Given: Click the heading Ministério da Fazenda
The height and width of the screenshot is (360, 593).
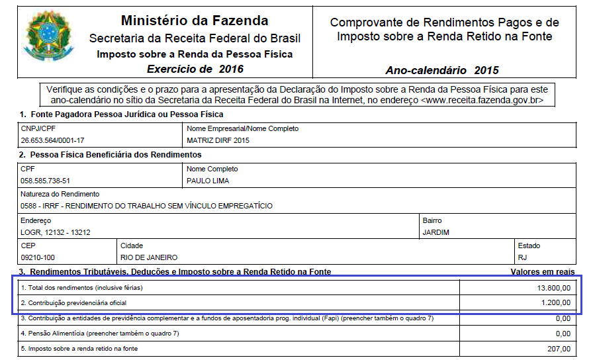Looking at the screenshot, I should (x=195, y=21).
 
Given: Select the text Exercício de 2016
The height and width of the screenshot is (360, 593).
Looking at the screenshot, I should (x=195, y=69).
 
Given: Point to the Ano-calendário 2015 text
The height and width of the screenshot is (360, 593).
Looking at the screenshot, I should (x=441, y=70).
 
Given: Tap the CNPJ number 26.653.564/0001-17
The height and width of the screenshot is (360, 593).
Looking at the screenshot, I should (x=52, y=140).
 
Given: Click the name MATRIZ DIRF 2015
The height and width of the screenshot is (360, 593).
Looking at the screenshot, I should (x=218, y=140).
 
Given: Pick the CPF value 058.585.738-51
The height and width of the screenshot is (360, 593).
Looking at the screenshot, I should (x=45, y=180).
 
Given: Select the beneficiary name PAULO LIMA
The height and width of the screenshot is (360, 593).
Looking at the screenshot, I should (x=208, y=180).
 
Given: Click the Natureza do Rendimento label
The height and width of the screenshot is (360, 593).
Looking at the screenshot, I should (x=60, y=194).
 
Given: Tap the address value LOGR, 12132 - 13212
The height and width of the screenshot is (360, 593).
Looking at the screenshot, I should (x=56, y=232).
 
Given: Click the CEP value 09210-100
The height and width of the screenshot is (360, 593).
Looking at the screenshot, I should (x=38, y=257).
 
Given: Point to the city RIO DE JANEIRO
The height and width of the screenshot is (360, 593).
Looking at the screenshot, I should (x=149, y=257).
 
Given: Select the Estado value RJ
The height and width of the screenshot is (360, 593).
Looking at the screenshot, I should (x=523, y=257).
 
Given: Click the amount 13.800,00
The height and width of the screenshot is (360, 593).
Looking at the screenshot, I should (x=554, y=288).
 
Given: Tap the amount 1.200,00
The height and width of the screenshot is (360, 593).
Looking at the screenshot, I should (x=556, y=303).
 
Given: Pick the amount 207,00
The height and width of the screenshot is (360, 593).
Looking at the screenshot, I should (x=559, y=349).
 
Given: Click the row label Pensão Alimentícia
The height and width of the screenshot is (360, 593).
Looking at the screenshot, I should (x=56, y=334).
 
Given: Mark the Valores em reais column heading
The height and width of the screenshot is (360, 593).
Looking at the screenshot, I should (x=542, y=272).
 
